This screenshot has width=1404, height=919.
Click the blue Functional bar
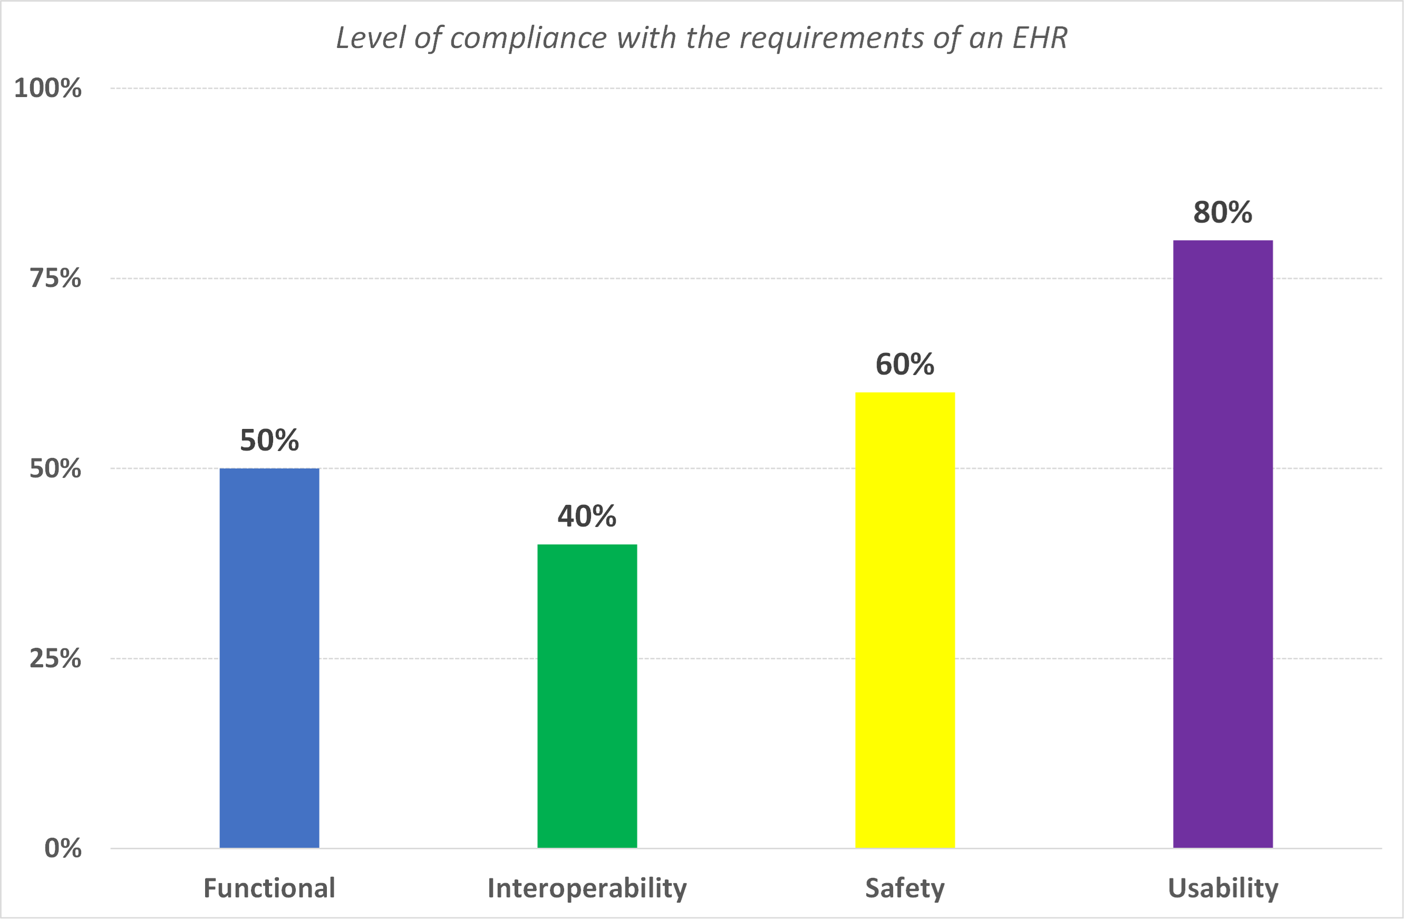[x=269, y=657]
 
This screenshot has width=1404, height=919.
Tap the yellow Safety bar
[x=905, y=620]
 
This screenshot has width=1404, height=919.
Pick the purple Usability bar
[x=1223, y=543]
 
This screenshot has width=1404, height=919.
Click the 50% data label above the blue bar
[x=269, y=441]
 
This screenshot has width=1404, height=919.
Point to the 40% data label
[x=587, y=516]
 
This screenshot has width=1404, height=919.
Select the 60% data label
[x=905, y=364]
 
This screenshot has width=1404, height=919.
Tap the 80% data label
[x=1223, y=213]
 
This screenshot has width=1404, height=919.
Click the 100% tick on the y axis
[x=48, y=89]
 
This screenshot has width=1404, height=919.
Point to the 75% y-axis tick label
[x=55, y=278]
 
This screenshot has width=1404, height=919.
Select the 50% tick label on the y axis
[x=55, y=468]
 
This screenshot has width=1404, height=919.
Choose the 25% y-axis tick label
[x=55, y=658]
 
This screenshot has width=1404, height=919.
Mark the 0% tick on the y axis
[x=63, y=848]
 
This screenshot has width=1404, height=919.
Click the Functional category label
[x=269, y=888]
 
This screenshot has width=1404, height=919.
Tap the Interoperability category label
[x=587, y=888]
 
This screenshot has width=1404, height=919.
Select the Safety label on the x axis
[x=905, y=888]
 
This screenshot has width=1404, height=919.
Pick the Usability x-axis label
[x=1223, y=888]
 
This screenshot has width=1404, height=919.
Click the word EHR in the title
[x=1040, y=39]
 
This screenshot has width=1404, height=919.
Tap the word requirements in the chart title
[x=832, y=39]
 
